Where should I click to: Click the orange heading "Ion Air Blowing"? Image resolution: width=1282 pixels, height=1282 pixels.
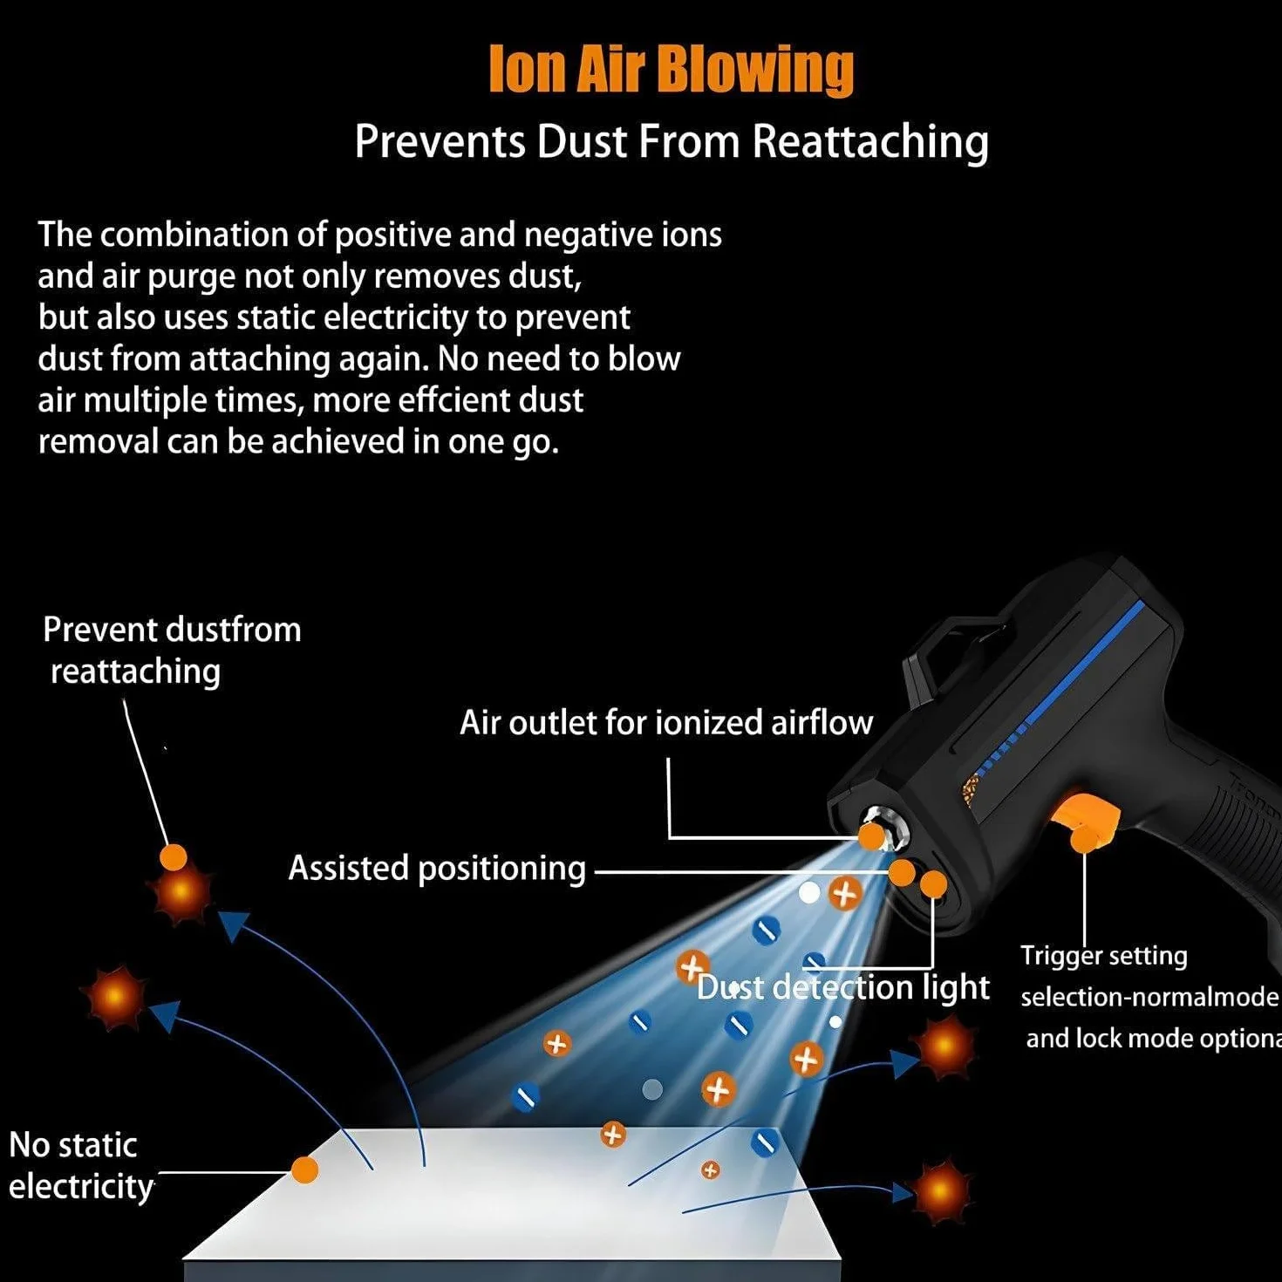pyautogui.click(x=672, y=69)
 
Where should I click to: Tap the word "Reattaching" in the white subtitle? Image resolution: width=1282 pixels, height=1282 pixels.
pyautogui.click(x=870, y=141)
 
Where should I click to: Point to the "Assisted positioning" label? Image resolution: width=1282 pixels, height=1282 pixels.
pyautogui.click(x=437, y=869)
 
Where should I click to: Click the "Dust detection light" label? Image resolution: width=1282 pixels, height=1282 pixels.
pyautogui.click(x=843, y=987)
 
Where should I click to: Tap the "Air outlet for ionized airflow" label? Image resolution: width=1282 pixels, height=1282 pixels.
pyautogui.click(x=666, y=722)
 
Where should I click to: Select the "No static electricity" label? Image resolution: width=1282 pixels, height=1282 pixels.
pyautogui.click(x=81, y=1166)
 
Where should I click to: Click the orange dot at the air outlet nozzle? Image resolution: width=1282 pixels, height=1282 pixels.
pyautogui.click(x=871, y=837)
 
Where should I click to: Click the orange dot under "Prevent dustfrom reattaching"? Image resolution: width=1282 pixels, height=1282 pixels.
pyautogui.click(x=174, y=857)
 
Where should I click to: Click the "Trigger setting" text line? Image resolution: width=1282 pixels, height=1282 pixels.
pyautogui.click(x=1104, y=956)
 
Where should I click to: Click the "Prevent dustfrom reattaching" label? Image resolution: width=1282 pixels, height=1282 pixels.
pyautogui.click(x=172, y=650)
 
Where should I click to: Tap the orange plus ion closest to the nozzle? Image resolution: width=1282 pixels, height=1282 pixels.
pyautogui.click(x=845, y=894)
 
